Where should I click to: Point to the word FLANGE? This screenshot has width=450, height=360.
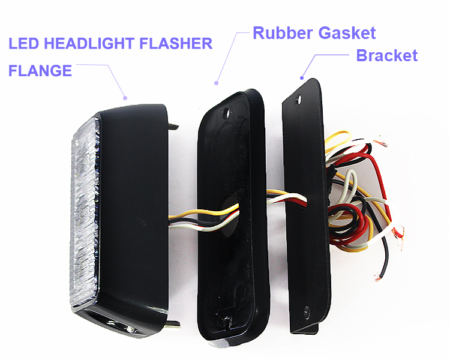pyautogui.click(x=40, y=71)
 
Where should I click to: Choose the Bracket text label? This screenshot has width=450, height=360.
pyautogui.click(x=386, y=56)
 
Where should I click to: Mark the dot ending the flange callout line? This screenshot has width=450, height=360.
pyautogui.click(x=125, y=97)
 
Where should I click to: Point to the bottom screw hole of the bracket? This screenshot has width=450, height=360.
pyautogui.click(x=307, y=311)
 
